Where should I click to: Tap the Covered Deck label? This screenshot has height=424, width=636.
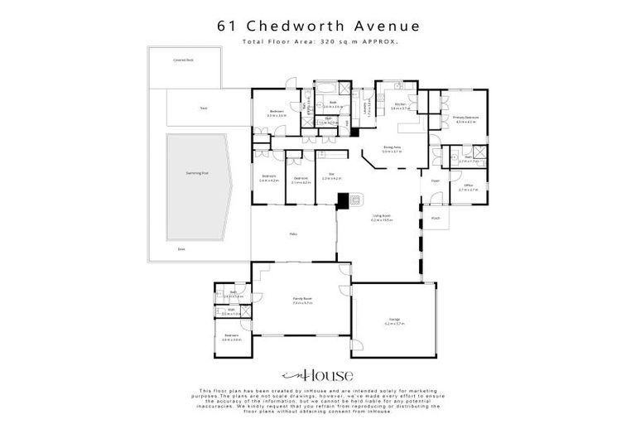point(183,60)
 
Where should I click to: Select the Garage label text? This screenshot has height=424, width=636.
point(394,319)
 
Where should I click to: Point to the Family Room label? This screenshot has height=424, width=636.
point(301,299)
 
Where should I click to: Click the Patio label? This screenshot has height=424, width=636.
point(292,234)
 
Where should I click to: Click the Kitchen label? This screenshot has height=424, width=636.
point(400,104)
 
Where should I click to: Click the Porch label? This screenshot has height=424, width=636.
point(436,218)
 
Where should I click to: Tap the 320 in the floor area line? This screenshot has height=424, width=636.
point(327,41)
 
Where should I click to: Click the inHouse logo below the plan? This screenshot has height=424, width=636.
point(317,374)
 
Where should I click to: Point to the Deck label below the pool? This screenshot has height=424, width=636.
point(182,248)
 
